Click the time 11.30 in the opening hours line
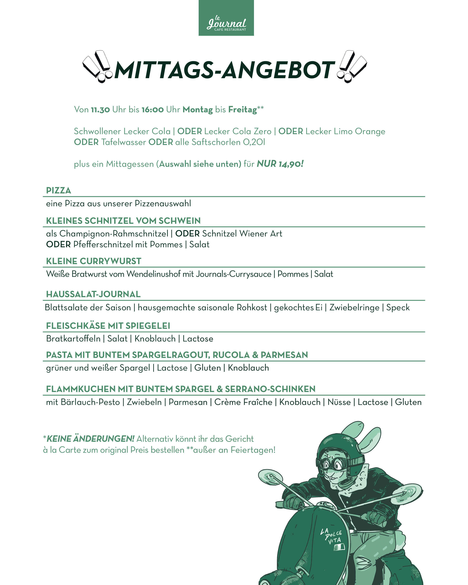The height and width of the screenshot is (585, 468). pyautogui.click(x=100, y=110)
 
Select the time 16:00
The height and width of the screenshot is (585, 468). pyautogui.click(x=152, y=110)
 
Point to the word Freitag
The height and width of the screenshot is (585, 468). pyautogui.click(x=242, y=110)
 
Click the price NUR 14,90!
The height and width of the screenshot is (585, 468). pyautogui.click(x=280, y=164)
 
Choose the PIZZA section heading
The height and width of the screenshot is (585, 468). pyautogui.click(x=58, y=190)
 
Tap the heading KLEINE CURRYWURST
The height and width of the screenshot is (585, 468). pyautogui.click(x=94, y=261)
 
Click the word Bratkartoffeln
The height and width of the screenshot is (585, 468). pyautogui.click(x=73, y=339)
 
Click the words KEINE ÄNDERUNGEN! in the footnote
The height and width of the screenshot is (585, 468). pyautogui.click(x=90, y=439)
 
